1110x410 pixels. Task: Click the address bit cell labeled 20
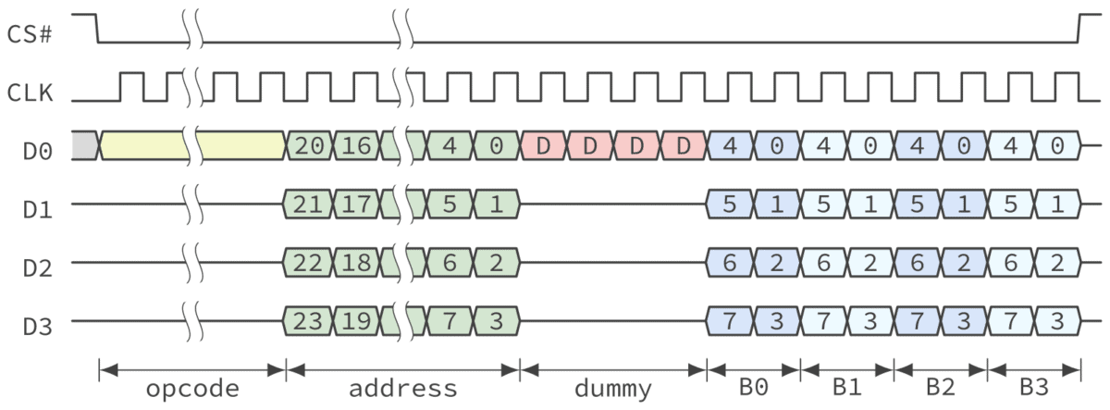(x=309, y=145)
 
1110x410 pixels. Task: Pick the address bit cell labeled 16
(x=355, y=145)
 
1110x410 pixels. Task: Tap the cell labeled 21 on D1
(x=309, y=204)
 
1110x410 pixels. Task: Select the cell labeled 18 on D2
(x=355, y=262)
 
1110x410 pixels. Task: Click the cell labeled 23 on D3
(x=309, y=321)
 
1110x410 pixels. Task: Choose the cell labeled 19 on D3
(x=355, y=321)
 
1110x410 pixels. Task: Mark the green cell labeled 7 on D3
(x=450, y=321)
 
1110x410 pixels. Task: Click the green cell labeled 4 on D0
(x=450, y=145)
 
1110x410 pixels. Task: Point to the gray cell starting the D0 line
(x=84, y=145)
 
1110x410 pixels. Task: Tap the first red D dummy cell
(x=544, y=145)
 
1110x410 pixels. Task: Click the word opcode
(x=191, y=389)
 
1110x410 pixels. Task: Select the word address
(x=402, y=389)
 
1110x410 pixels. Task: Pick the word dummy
(x=612, y=389)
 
